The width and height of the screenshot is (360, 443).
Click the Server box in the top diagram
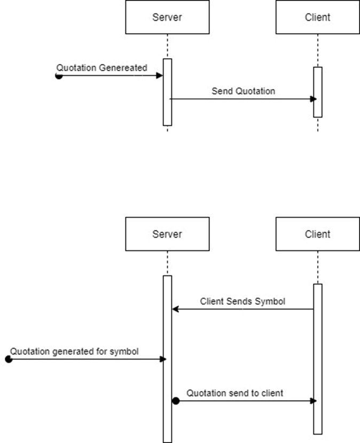[x=167, y=17]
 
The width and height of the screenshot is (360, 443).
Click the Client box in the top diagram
[x=317, y=17]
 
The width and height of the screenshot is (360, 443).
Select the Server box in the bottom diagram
[x=167, y=234]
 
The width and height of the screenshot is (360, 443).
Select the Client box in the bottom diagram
[x=317, y=234]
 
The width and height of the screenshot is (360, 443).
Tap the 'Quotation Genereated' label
[x=101, y=67]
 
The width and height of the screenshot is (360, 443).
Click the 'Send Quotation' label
[x=243, y=91]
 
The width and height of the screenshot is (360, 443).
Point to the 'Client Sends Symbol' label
[x=242, y=301]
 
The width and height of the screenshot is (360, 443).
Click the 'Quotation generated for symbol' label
[x=75, y=351]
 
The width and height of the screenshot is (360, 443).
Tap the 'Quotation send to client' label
[x=235, y=393]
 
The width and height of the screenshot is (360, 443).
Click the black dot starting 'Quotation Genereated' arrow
[x=59, y=76]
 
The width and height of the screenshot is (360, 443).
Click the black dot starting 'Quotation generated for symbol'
[x=8, y=359]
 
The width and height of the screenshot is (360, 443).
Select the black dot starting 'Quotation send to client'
[x=175, y=401]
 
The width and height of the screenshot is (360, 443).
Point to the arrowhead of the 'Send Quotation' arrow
[x=314, y=99]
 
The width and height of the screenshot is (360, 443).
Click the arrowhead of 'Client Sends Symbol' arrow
[x=175, y=309]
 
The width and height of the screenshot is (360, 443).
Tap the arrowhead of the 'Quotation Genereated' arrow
[x=159, y=76]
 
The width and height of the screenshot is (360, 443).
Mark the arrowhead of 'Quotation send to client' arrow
[x=314, y=401]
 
